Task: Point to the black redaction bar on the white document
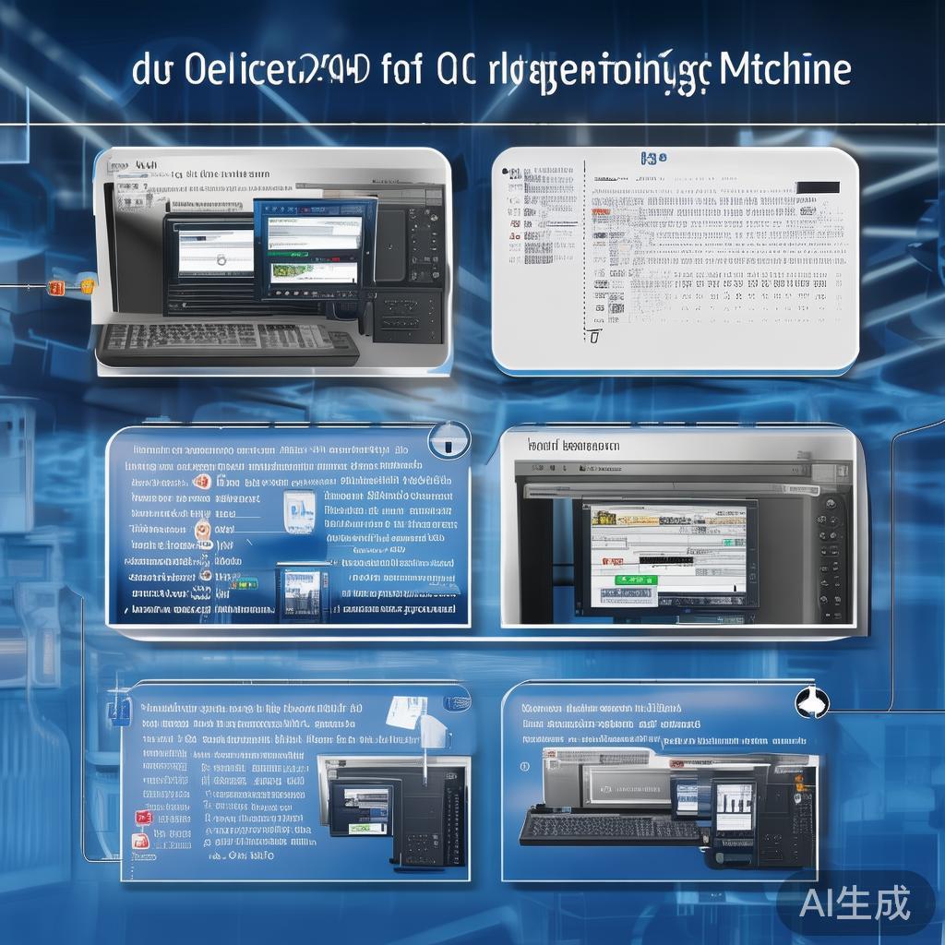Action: (817, 187)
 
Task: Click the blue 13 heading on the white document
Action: (652, 159)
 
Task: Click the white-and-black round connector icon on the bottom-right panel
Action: (812, 702)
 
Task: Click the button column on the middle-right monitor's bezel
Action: (831, 554)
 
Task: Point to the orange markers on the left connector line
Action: (70, 287)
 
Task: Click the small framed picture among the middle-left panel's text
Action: (299, 510)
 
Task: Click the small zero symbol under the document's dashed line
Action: (593, 337)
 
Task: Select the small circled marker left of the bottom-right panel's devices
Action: (524, 765)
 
